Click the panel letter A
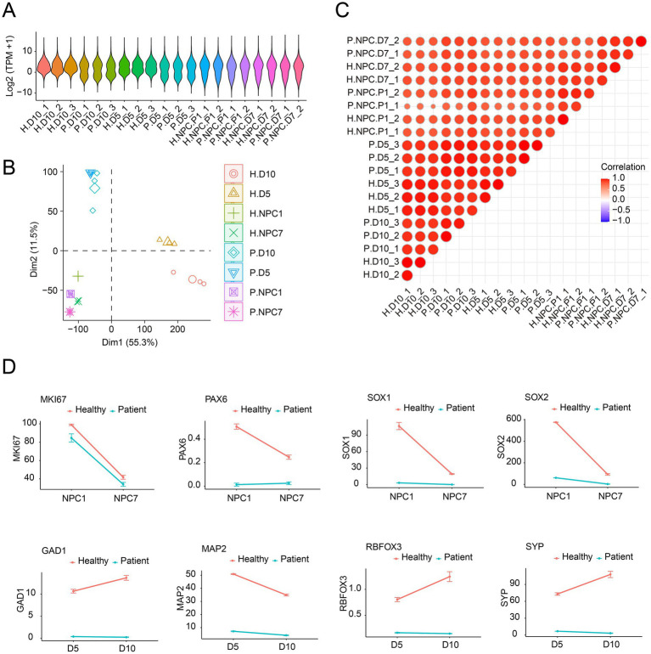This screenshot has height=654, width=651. [x=8, y=9]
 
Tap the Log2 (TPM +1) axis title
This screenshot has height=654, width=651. [x=9, y=66]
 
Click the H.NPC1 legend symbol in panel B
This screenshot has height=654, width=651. [x=233, y=213]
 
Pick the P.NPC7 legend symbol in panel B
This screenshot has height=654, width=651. [x=233, y=312]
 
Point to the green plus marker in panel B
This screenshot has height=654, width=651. [x=78, y=276]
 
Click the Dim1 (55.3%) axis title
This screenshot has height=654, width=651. [x=130, y=343]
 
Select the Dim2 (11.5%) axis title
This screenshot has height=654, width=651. [x=34, y=250]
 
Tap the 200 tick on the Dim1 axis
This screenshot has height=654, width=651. [x=177, y=330]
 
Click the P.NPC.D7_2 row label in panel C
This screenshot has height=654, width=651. [x=373, y=41]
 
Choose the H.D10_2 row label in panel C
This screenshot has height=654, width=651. [x=381, y=275]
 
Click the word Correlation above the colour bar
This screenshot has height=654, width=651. [x=623, y=166]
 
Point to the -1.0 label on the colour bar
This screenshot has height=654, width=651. [x=621, y=220]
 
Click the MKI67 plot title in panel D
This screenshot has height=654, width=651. [x=53, y=399]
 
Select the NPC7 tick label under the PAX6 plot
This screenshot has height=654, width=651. [x=291, y=498]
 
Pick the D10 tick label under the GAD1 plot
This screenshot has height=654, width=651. [x=127, y=648]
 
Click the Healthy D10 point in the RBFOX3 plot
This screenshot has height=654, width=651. [x=449, y=577]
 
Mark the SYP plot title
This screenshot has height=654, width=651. [x=535, y=546]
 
